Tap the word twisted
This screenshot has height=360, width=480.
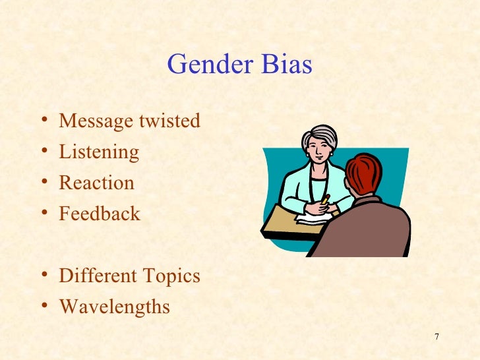(169, 122)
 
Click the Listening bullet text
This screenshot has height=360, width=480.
(99, 153)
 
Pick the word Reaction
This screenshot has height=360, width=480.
(96, 183)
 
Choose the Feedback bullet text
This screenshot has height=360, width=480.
(100, 214)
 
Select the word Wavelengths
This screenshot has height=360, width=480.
(114, 307)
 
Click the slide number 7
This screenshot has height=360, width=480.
(436, 339)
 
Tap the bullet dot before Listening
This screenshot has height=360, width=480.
(44, 152)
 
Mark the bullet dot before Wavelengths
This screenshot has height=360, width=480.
(44, 306)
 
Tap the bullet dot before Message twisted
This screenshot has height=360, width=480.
(44, 121)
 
